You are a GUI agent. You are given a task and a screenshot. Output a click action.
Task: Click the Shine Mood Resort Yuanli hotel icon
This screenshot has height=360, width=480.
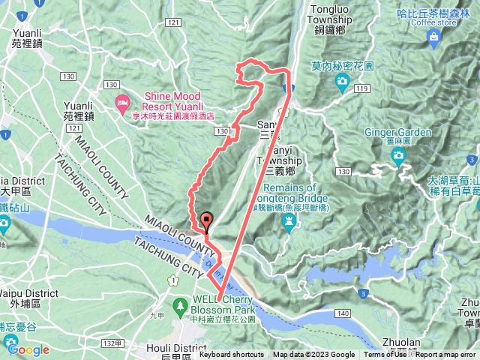point(121,101)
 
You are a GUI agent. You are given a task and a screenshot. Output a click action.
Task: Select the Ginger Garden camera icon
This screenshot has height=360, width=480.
point(398,155)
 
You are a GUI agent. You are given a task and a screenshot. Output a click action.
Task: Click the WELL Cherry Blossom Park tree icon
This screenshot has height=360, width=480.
point(180,305)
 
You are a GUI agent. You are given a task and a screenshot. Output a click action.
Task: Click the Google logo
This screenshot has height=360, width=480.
point(28,349)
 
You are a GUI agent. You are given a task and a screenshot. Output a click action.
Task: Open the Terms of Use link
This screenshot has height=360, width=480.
point(385,355)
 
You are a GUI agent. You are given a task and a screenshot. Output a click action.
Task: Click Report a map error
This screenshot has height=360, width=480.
point(447,355)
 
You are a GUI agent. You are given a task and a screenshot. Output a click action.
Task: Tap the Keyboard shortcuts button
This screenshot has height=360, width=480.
point(231,355)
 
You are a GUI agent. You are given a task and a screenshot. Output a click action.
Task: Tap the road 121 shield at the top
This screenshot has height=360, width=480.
point(173,24)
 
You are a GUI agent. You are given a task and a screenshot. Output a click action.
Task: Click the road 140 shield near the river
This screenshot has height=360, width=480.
point(345,311)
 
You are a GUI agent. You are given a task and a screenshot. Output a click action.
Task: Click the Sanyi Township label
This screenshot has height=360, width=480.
point(278,160)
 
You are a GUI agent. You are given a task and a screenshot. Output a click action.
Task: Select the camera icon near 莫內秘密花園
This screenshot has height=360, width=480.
point(342,80)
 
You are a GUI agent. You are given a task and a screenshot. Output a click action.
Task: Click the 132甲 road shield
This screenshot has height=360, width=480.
point(112,343)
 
